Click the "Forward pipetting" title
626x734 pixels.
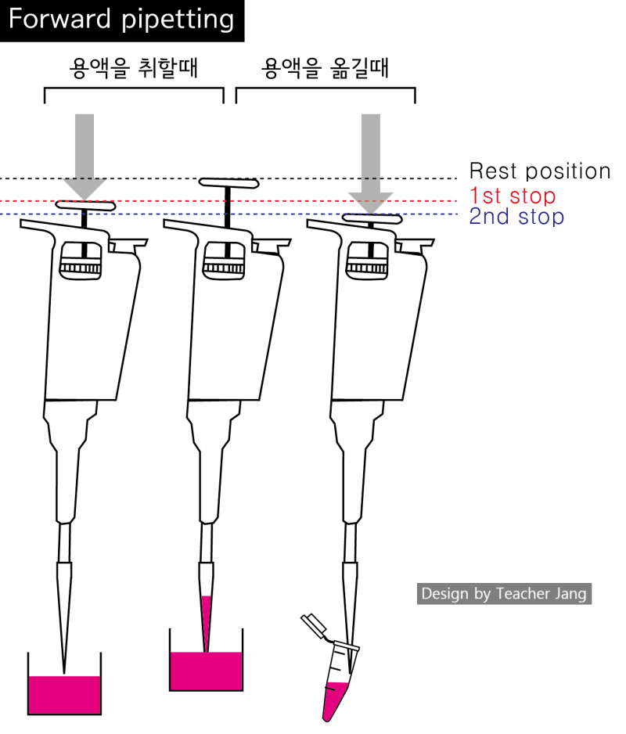click(121, 20)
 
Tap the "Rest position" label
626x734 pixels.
click(540, 171)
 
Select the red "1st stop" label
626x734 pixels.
click(513, 196)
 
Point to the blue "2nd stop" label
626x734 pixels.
click(516, 217)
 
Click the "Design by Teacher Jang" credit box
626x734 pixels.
click(504, 594)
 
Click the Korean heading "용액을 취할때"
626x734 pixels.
click(134, 68)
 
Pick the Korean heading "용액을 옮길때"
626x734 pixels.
click(325, 68)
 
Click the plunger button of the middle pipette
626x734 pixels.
click(229, 183)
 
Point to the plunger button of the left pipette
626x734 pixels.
click(85, 205)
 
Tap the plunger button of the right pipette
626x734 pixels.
click(372, 218)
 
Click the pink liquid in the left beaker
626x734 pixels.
click(65, 695)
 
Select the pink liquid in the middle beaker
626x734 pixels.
click(206, 671)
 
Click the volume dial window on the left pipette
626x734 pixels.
click(81, 261)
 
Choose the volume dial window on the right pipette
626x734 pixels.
click(367, 261)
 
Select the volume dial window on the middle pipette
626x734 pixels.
click(224, 261)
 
